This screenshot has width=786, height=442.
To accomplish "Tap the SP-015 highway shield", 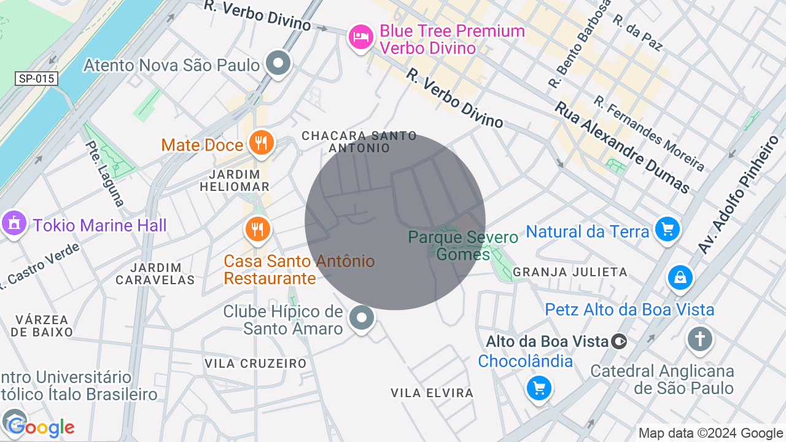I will coord(37,79).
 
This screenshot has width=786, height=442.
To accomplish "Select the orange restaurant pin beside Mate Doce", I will coord(261,144).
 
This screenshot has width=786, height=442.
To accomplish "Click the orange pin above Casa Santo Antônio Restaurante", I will coord(258,230).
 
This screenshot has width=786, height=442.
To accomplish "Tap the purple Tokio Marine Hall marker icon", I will coord(14,223).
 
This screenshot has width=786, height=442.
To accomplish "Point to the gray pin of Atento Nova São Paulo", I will coord(279,63).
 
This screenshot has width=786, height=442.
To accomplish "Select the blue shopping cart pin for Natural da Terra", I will coord(667,230).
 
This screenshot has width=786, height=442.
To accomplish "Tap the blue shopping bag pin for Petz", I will coord(680,278).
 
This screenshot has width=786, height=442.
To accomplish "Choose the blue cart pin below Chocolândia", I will coord(539,388).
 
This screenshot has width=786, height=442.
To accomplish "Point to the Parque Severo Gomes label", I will coord(454,245).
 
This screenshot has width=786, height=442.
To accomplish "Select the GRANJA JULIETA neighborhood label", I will coord(570,272).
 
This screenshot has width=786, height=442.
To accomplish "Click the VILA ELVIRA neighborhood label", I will coord(432,393).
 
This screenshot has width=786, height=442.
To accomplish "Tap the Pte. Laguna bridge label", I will coord(105,174).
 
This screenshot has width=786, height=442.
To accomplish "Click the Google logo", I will coord(41,428).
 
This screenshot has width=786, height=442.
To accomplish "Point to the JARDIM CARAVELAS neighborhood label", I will coord(155,274).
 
